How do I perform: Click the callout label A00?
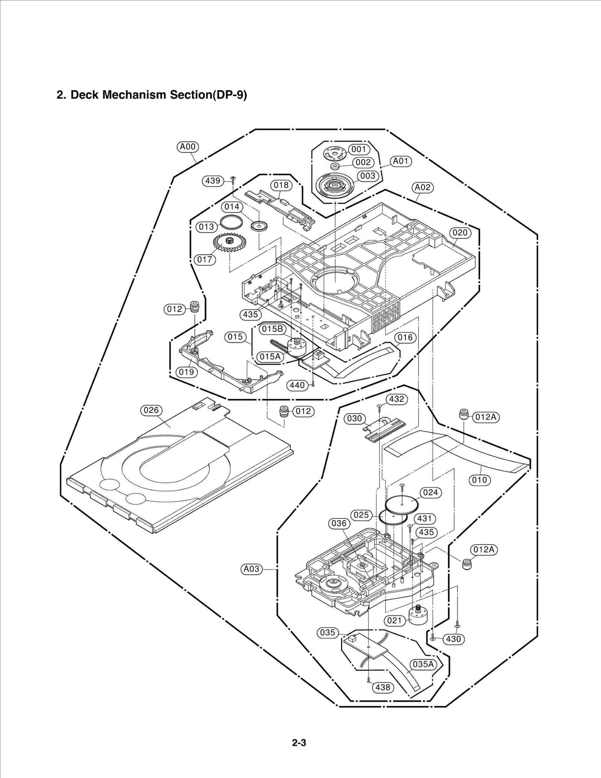(188, 147)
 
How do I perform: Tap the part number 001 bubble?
(359, 149)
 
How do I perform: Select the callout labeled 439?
(213, 181)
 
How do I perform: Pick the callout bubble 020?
(460, 233)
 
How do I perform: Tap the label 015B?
(272, 329)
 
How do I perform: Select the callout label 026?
(151, 410)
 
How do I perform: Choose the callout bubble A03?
(251, 569)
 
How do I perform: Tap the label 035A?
(423, 664)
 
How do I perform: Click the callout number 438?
(383, 687)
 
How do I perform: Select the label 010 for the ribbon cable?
(480, 480)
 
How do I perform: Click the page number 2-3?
(299, 743)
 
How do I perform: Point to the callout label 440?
(297, 385)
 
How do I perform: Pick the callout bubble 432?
(397, 399)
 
